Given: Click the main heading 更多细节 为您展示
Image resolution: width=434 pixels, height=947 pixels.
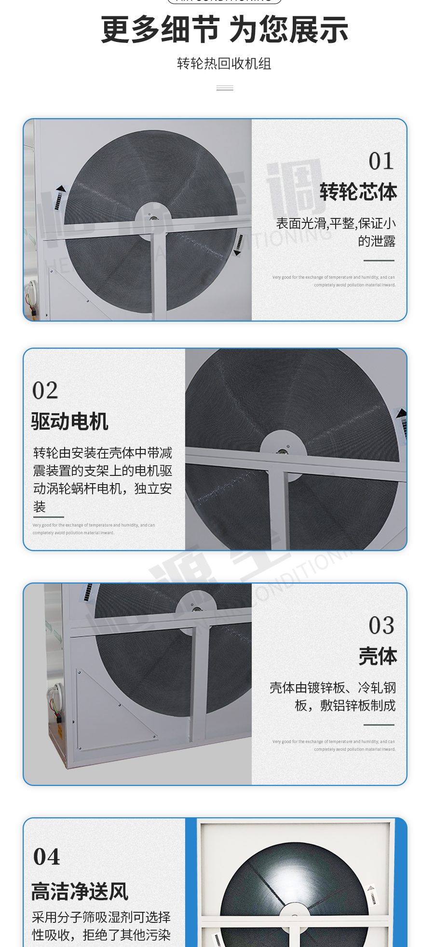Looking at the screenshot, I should pos(224,30).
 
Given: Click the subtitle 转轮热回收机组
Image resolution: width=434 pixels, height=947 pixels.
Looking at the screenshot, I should pos(224,64).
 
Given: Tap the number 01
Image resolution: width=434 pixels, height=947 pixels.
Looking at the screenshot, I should pos(381,161).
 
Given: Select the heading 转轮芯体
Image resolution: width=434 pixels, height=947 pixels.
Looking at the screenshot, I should pos(358,192).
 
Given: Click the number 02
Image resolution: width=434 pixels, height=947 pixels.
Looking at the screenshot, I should pos(45,391).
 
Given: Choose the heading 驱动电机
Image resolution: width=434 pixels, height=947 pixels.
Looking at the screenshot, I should pos(70,421).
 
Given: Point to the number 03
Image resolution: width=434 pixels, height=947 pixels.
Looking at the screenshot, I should pos(381,626).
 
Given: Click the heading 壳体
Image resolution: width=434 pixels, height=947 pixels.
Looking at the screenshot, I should pos(378,657).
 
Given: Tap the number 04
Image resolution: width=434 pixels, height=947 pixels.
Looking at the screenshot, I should pos(47,857).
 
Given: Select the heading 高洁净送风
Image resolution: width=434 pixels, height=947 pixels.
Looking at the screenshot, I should pos(80,892).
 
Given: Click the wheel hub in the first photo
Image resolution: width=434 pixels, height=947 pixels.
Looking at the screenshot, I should pos(154,220).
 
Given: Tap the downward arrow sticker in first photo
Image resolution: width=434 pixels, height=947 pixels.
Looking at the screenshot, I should pos(238,244).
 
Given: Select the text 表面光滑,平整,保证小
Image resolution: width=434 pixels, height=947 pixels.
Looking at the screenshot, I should pos(336,223).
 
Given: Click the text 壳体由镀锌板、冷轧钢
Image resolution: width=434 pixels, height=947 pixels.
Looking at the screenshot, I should pos(332,688).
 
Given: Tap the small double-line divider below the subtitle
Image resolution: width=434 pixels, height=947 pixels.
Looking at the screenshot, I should pos(225,88).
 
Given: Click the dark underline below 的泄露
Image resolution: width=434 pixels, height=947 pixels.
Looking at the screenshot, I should pos(379,261).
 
